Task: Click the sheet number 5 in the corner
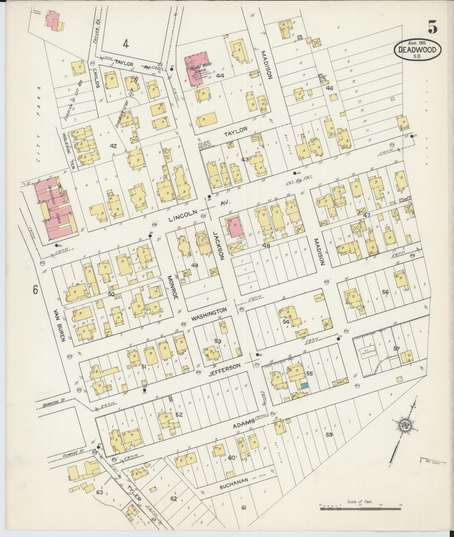[432, 27]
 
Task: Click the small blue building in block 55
[304, 386]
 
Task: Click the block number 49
[195, 265]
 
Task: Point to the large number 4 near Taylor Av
[126, 44]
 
